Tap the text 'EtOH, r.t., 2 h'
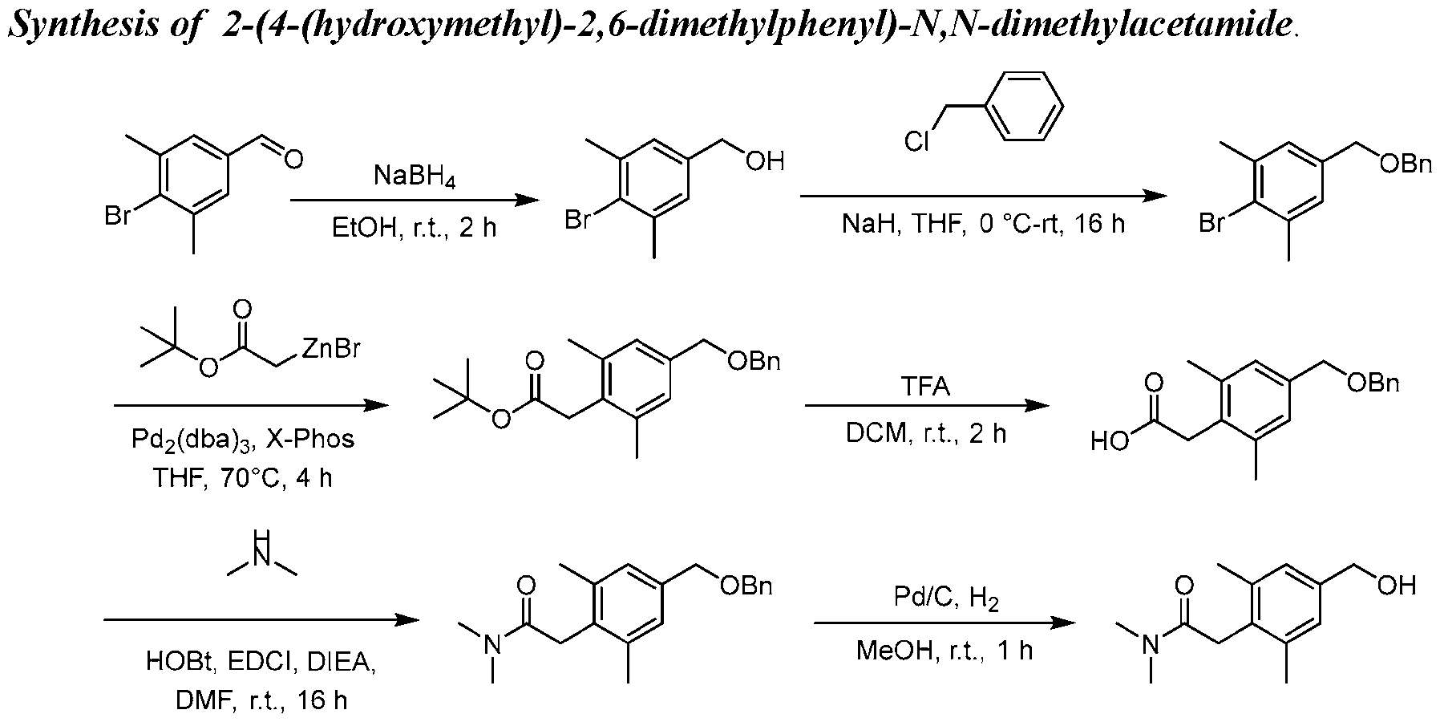[x=415, y=228]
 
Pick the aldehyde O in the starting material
[x=293, y=159]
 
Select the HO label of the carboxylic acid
[x=1109, y=440]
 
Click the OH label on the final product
[x=1397, y=586]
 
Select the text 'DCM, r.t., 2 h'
[x=925, y=433]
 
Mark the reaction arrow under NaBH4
[x=413, y=201]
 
